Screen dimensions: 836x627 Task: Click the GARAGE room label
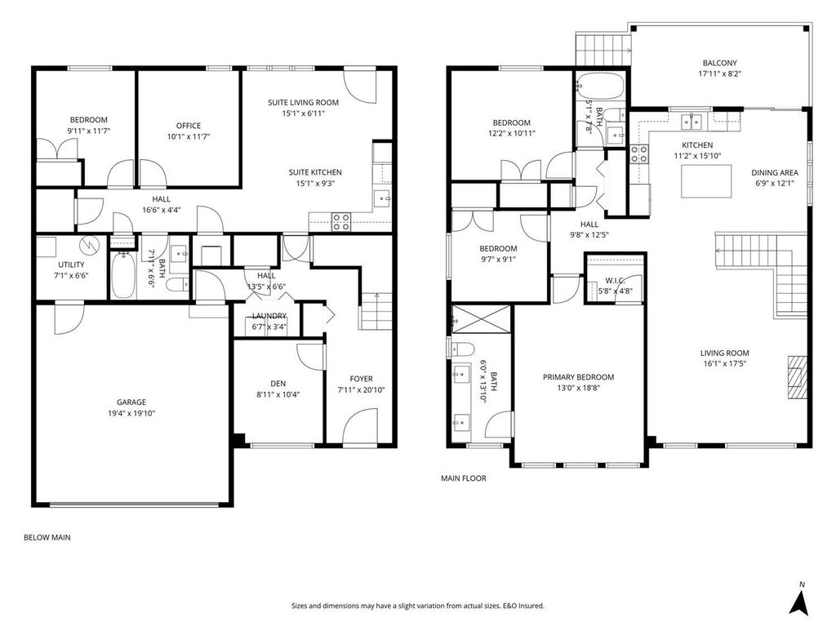coord(131,402)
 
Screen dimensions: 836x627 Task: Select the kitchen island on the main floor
coord(706,181)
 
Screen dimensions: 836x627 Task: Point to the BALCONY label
coord(719,63)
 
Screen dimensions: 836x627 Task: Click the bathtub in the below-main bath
coord(122,275)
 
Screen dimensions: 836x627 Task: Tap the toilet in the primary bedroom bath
coord(463,349)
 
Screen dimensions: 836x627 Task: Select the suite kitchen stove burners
coord(341,222)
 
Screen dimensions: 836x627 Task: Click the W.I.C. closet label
coord(615,281)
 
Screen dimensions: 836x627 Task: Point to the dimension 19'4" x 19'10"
coord(131,413)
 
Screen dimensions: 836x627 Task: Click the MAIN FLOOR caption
coord(464,478)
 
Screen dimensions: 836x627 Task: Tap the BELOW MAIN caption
coord(47,537)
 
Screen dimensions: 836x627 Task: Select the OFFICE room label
coord(189,126)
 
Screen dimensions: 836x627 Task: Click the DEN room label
coord(278,384)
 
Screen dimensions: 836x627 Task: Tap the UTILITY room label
coord(71,265)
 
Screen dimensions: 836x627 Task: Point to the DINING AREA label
coord(775,173)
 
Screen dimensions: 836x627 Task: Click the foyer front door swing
coord(360,426)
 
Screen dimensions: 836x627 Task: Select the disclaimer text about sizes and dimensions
coord(417,606)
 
